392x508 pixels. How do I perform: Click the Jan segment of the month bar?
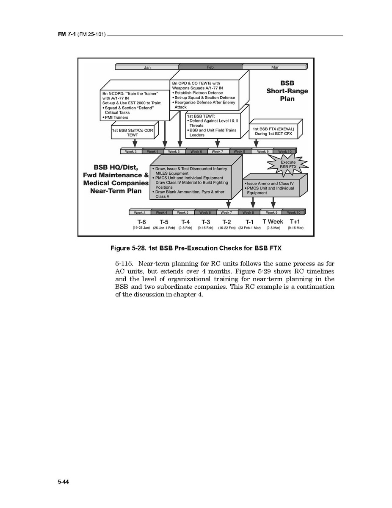pyautogui.click(x=147, y=67)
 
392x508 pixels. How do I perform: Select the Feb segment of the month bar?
pyautogui.click(x=210, y=67)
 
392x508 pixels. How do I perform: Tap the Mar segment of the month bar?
pyautogui.click(x=274, y=67)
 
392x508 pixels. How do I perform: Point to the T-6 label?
pyautogui.click(x=141, y=222)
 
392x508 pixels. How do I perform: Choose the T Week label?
pyautogui.click(x=273, y=222)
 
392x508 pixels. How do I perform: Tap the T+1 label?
pyautogui.click(x=295, y=222)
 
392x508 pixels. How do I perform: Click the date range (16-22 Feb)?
pyautogui.click(x=227, y=228)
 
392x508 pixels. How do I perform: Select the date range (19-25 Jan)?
pyautogui.click(x=141, y=228)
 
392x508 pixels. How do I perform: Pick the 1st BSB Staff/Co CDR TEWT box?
pyautogui.click(x=133, y=132)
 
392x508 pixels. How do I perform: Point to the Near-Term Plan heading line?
pyautogui.click(x=116, y=191)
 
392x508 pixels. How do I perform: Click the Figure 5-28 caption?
pyautogui.click(x=196, y=248)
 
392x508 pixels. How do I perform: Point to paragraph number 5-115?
pyautogui.click(x=124, y=264)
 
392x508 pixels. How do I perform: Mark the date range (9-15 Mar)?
pyautogui.click(x=295, y=228)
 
